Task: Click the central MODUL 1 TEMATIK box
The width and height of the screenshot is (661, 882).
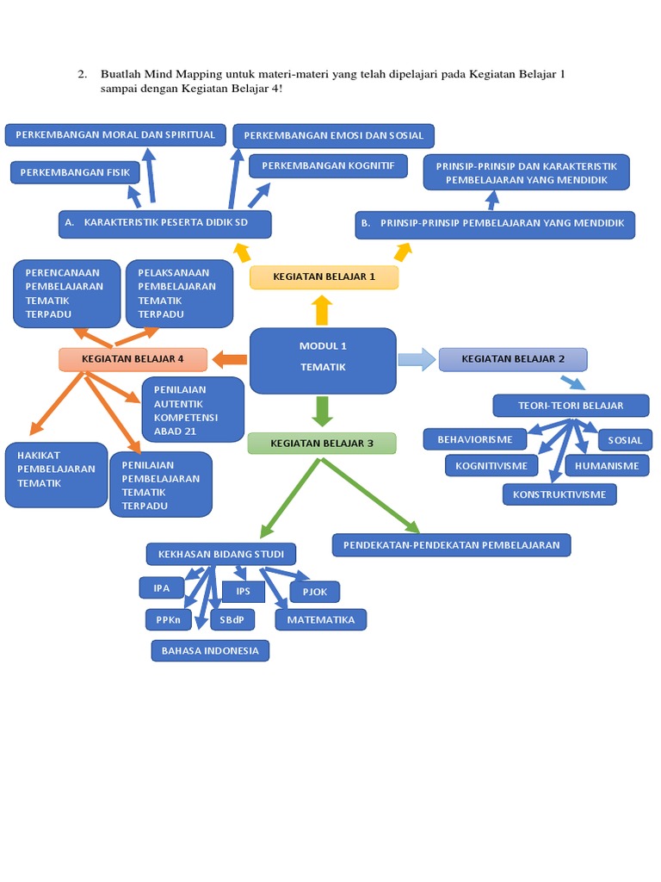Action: point(323,360)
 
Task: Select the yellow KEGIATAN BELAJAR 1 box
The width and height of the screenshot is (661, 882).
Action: point(324,277)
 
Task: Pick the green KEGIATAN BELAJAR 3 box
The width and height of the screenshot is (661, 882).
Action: point(322,444)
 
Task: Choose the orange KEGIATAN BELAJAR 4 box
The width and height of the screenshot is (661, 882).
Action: point(133,359)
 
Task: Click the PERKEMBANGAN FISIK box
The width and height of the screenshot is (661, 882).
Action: point(75,172)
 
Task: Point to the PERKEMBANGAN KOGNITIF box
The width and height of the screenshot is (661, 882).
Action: point(328,165)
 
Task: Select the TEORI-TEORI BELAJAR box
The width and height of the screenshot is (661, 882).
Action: point(571,405)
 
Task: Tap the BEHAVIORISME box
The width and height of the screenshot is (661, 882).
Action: point(475,439)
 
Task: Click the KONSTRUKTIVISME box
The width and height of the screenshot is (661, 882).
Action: point(559,494)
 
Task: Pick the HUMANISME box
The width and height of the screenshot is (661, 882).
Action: point(608,466)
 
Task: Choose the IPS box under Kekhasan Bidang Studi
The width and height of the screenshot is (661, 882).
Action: point(244,592)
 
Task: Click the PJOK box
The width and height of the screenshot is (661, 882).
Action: point(314,592)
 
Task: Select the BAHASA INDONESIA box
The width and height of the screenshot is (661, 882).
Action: point(210,650)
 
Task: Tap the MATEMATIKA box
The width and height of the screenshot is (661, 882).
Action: point(321,619)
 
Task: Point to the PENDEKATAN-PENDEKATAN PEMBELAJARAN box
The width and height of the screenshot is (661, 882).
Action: point(451,544)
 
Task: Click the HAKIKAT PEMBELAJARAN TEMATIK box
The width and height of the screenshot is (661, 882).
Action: point(56,475)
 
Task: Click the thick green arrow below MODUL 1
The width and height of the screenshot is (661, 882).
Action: point(323,411)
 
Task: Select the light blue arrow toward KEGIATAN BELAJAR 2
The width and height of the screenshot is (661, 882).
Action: point(417,359)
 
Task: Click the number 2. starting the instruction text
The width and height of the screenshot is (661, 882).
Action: point(83,74)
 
